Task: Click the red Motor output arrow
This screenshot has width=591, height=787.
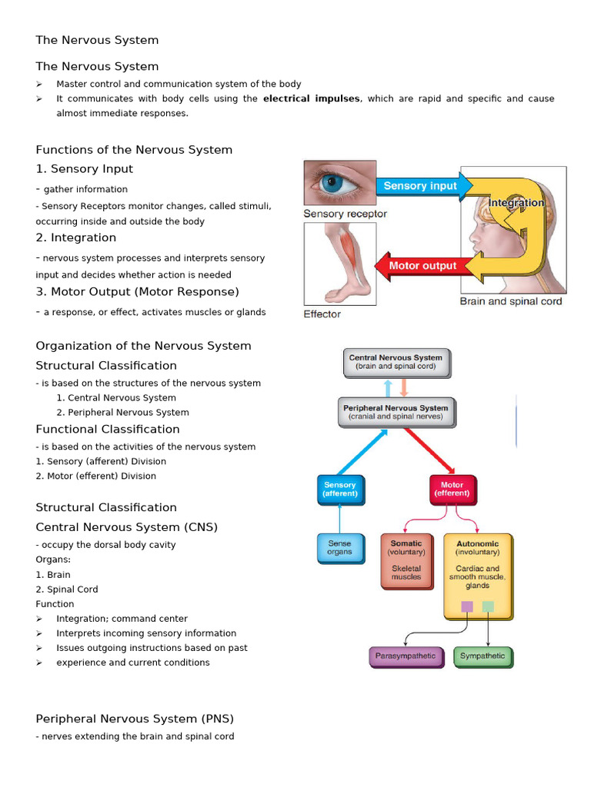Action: (419, 266)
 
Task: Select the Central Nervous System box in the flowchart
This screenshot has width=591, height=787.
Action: (396, 362)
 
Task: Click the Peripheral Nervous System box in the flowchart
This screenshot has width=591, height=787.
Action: (396, 413)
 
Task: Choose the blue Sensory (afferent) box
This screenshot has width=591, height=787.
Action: (340, 490)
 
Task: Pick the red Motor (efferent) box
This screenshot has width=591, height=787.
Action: (452, 490)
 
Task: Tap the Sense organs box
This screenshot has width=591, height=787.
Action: (339, 547)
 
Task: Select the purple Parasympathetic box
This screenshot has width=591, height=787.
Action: (406, 656)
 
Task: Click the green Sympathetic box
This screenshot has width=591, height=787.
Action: (482, 656)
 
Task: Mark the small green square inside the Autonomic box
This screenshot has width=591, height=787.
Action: (488, 606)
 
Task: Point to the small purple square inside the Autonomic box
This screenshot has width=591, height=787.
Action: (467, 606)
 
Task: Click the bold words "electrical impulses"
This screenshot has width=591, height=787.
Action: (311, 98)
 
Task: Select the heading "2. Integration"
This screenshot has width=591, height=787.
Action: (76, 237)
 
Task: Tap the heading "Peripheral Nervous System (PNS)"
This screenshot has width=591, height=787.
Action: (135, 719)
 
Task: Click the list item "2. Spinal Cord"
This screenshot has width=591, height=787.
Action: (67, 589)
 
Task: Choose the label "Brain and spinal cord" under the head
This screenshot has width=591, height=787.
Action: (510, 301)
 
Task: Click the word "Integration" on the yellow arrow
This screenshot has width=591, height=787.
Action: (516, 203)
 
